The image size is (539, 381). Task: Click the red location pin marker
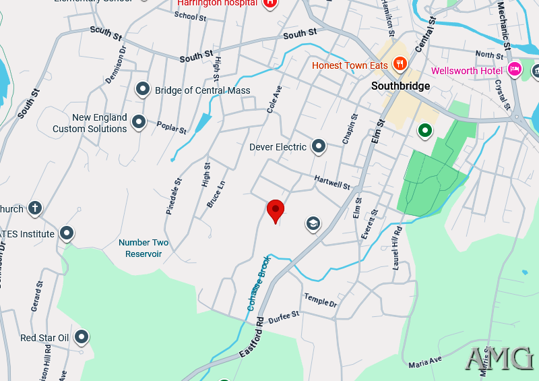pyautogui.click(x=276, y=210)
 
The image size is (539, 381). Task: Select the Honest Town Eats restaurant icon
pyautogui.click(x=400, y=64)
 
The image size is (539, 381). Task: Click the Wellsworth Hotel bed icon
pyautogui.click(x=515, y=69)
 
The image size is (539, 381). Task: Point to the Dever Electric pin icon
pyautogui.click(x=319, y=146)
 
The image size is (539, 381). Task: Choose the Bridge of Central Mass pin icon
pyautogui.click(x=143, y=88)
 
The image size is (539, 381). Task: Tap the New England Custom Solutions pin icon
pyautogui.click(x=139, y=122)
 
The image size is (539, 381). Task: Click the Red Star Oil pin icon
pyautogui.click(x=82, y=336)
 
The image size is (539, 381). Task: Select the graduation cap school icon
pyautogui.click(x=313, y=223)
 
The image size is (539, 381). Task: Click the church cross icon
pyautogui.click(x=35, y=208)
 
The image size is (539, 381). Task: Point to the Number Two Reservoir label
pyautogui.click(x=144, y=248)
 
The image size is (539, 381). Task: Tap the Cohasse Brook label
pyautogui.click(x=258, y=284)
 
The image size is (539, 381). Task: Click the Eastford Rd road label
pyautogui.click(x=251, y=340)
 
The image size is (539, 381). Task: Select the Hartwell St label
pyautogui.click(x=332, y=181)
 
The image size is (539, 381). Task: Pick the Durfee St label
pyautogui.click(x=283, y=317)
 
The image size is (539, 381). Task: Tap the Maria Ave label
pyautogui.click(x=424, y=362)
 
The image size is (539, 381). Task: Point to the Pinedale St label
pyautogui.click(x=174, y=196)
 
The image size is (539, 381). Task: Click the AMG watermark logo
pyautogui.click(x=500, y=358)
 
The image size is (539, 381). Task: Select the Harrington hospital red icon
pyautogui.click(x=270, y=3)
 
